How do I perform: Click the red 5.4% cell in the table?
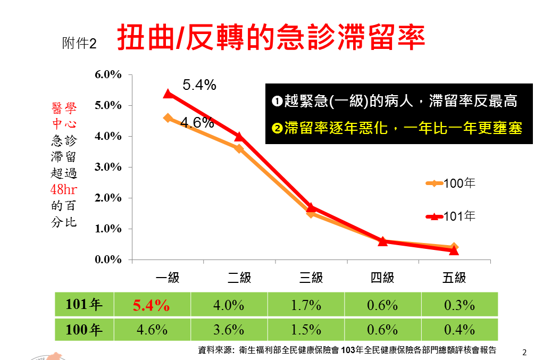click(x=152, y=305)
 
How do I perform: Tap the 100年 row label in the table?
click(x=84, y=330)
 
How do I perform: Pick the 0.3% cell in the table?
click(x=460, y=305)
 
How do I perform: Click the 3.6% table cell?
click(x=229, y=330)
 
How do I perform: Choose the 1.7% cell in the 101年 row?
click(x=306, y=305)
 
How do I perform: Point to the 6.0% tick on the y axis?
click(x=108, y=75)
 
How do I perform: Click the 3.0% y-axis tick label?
click(x=108, y=167)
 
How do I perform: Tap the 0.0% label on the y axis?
click(x=108, y=259)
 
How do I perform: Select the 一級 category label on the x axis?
click(x=168, y=278)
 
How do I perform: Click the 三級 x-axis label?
click(x=311, y=278)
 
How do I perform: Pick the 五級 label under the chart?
click(x=454, y=278)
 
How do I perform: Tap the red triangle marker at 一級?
click(x=168, y=94)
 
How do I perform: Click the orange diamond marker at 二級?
click(x=239, y=148)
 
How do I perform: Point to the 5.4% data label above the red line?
click(x=199, y=85)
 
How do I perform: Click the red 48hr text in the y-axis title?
click(x=64, y=190)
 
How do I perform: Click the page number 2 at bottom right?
click(x=524, y=352)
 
